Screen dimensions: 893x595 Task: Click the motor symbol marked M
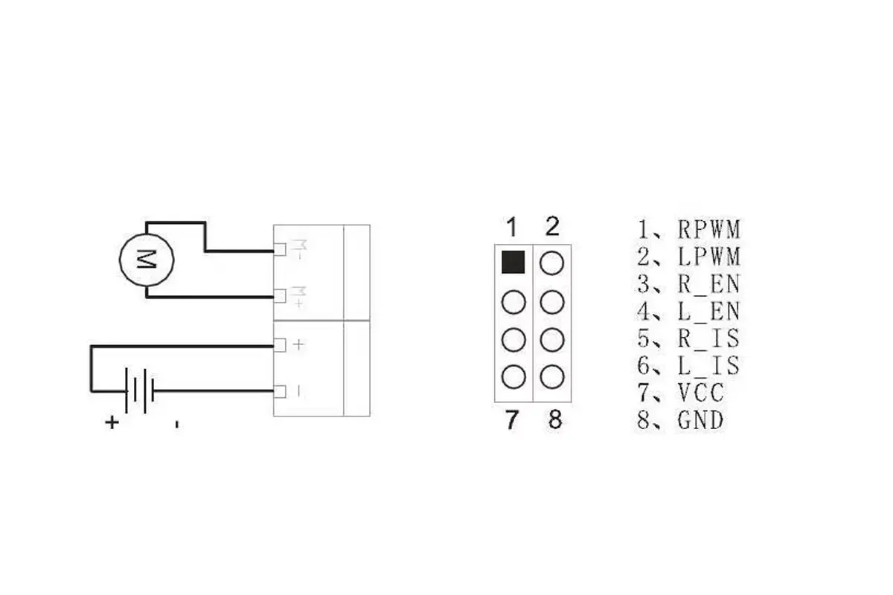click(147, 260)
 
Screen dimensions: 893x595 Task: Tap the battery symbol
click(139, 391)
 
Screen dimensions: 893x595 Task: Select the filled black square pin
click(513, 263)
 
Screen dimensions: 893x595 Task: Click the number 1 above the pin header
click(512, 227)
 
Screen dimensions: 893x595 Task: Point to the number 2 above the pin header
click(551, 226)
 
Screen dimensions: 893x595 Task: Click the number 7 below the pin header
click(511, 420)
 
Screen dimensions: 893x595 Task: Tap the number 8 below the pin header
click(555, 419)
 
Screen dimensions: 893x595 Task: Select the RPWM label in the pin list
click(708, 229)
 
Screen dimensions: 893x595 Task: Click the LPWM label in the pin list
click(708, 257)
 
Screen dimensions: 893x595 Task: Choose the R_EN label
click(708, 284)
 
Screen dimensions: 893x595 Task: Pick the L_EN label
click(708, 311)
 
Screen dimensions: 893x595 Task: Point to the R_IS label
click(708, 338)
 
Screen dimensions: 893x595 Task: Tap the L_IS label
click(708, 365)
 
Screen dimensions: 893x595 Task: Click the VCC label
click(700, 393)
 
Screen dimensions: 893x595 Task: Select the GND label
click(700, 420)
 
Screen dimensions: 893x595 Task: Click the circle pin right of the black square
click(551, 263)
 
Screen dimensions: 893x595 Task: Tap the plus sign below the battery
click(112, 422)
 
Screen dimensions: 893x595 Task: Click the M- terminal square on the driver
click(280, 250)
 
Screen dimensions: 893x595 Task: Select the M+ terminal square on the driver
click(280, 296)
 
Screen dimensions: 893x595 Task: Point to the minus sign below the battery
click(176, 425)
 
